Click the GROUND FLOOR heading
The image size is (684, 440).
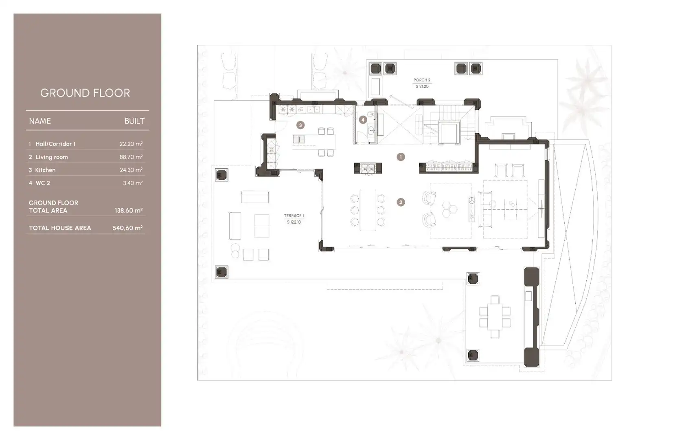pyautogui.click(x=85, y=93)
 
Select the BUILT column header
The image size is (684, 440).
pyautogui.click(x=134, y=121)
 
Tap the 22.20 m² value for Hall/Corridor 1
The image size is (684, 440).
pyautogui.click(x=131, y=144)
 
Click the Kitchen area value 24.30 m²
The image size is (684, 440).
pyautogui.click(x=131, y=170)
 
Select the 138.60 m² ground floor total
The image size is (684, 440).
pyautogui.click(x=129, y=211)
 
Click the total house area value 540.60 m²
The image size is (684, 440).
pyautogui.click(x=128, y=228)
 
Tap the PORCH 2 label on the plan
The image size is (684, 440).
pyautogui.click(x=422, y=80)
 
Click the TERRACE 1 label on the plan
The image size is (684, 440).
pyautogui.click(x=294, y=216)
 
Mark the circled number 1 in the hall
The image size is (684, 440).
pyautogui.click(x=401, y=157)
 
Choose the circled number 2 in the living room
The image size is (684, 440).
pyautogui.click(x=401, y=202)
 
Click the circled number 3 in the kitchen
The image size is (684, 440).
pyautogui.click(x=300, y=125)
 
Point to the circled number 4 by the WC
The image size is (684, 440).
pyautogui.click(x=363, y=120)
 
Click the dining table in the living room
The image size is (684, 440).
pyautogui.click(x=368, y=210)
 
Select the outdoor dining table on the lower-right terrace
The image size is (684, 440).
pyautogui.click(x=495, y=317)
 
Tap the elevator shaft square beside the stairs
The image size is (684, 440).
pyautogui.click(x=449, y=132)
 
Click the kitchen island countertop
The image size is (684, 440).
pyautogui.click(x=314, y=141)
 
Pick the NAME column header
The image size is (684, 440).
pyautogui.click(x=40, y=121)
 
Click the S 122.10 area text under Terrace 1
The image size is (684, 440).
pyautogui.click(x=294, y=222)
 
